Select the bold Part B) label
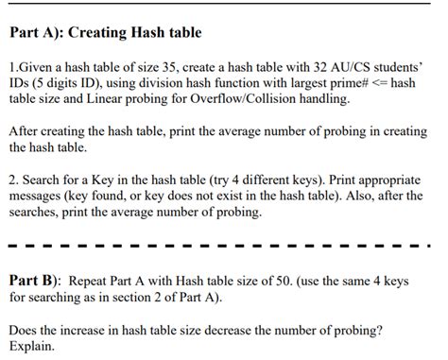35,281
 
